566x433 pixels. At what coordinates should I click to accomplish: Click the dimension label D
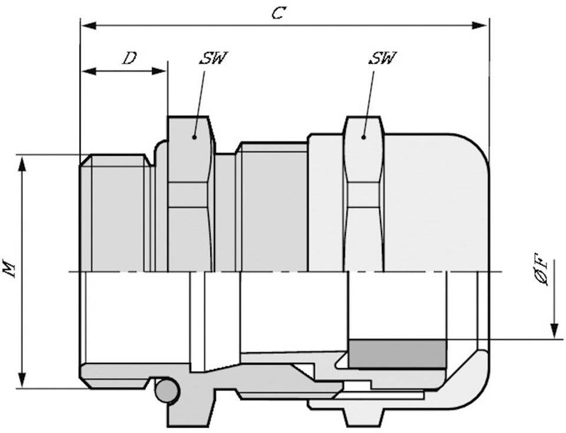(x=129, y=58)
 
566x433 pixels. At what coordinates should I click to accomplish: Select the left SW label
(x=214, y=58)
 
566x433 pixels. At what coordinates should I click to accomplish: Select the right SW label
(x=383, y=58)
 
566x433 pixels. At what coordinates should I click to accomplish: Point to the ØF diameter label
(x=541, y=272)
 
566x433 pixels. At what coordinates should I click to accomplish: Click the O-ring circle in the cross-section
(x=167, y=390)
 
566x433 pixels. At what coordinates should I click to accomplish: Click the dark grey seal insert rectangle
(x=398, y=354)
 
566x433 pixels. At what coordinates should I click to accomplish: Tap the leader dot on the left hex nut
(x=194, y=137)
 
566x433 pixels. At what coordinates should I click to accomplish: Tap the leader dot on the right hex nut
(x=364, y=137)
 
